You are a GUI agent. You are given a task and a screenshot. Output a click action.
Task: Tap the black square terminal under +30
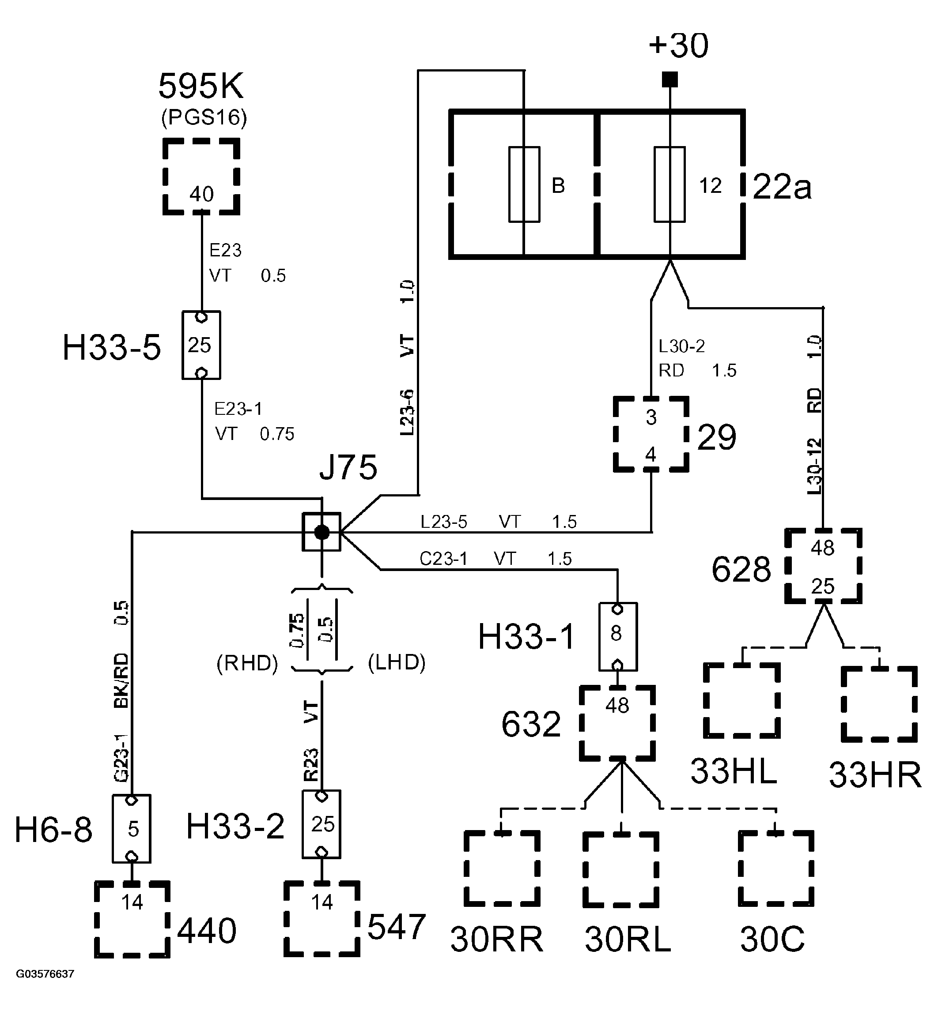(x=670, y=79)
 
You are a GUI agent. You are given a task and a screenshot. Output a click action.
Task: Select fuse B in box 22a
(x=524, y=184)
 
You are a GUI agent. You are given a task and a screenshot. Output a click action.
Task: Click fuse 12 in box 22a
(x=669, y=184)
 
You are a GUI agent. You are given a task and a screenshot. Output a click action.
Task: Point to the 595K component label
(x=201, y=86)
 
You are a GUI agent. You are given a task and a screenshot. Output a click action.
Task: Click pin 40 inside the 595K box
(x=201, y=194)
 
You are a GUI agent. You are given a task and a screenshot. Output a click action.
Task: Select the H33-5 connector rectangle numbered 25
(x=201, y=346)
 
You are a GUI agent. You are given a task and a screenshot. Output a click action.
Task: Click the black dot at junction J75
(x=321, y=532)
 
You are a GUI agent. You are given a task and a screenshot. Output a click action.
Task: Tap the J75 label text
(x=348, y=467)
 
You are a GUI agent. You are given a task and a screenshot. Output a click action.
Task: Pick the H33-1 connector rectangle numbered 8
(x=618, y=637)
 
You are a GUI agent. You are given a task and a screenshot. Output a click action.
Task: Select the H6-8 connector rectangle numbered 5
(x=132, y=829)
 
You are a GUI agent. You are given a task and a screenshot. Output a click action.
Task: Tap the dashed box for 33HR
(x=879, y=704)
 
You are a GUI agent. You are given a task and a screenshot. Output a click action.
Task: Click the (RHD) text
(x=247, y=663)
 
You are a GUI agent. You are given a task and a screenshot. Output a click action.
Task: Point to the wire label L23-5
(x=444, y=522)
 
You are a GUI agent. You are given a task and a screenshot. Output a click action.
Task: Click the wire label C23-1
(x=443, y=559)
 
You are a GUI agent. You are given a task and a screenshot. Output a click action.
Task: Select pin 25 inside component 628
(x=822, y=586)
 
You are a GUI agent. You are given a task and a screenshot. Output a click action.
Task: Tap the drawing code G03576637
(x=45, y=974)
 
